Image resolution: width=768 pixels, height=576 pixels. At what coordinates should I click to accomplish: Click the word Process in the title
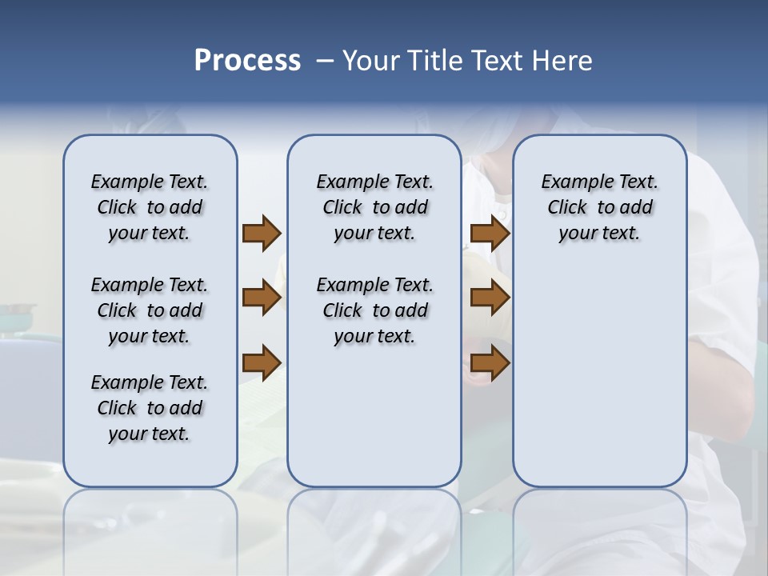[x=247, y=61]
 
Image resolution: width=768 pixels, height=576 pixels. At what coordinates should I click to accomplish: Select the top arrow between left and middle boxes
[x=262, y=234]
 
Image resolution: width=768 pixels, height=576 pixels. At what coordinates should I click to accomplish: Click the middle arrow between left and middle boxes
[x=262, y=298]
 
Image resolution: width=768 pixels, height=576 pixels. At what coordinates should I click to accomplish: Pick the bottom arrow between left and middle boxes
[x=262, y=363]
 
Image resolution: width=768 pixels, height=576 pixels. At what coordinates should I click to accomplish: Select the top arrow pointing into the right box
[x=490, y=234]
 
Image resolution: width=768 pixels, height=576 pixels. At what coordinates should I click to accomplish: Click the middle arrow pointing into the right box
[x=490, y=298]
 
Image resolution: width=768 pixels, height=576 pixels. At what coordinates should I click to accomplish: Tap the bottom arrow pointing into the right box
[x=490, y=363]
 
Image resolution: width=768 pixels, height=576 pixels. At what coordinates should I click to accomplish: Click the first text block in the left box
[x=150, y=207]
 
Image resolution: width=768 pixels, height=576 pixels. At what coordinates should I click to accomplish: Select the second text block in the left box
[x=150, y=310]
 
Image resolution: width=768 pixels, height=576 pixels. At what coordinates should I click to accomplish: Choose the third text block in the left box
[x=150, y=408]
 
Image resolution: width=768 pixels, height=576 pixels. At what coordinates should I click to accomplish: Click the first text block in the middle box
[x=374, y=207]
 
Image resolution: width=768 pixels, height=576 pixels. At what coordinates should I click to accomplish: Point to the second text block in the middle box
[x=374, y=310]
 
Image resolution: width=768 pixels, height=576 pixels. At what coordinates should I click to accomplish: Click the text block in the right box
[x=599, y=207]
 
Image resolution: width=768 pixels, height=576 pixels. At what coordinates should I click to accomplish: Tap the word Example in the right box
[x=570, y=182]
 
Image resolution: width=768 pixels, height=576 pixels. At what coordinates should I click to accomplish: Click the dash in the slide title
[x=325, y=62]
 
